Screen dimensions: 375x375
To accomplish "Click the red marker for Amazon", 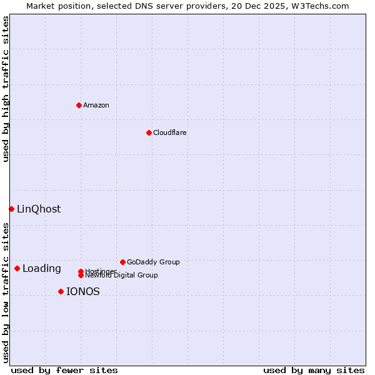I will click(79, 105).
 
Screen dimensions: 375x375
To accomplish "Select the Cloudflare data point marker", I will click(149, 132).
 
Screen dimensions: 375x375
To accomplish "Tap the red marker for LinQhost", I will click(11, 209).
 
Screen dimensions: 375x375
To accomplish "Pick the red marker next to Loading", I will click(17, 268).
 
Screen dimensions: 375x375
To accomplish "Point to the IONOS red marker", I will click(61, 291).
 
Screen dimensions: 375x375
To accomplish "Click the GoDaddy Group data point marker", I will click(122, 262).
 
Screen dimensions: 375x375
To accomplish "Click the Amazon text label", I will click(96, 105).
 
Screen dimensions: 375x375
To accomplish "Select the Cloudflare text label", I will click(170, 132).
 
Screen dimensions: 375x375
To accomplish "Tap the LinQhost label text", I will click(39, 209).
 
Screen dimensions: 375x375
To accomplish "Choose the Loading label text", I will click(42, 269).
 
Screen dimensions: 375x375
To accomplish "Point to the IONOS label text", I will click(83, 292).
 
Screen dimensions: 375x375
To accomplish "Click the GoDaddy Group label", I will click(153, 262).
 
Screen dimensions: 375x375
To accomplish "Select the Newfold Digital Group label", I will click(121, 275).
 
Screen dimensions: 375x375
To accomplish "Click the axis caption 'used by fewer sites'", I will click(64, 370).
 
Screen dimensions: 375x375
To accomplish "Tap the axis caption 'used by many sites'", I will click(314, 370).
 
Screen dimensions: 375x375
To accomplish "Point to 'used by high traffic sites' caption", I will click(6, 89).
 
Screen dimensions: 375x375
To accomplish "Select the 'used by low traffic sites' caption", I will click(6, 292).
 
